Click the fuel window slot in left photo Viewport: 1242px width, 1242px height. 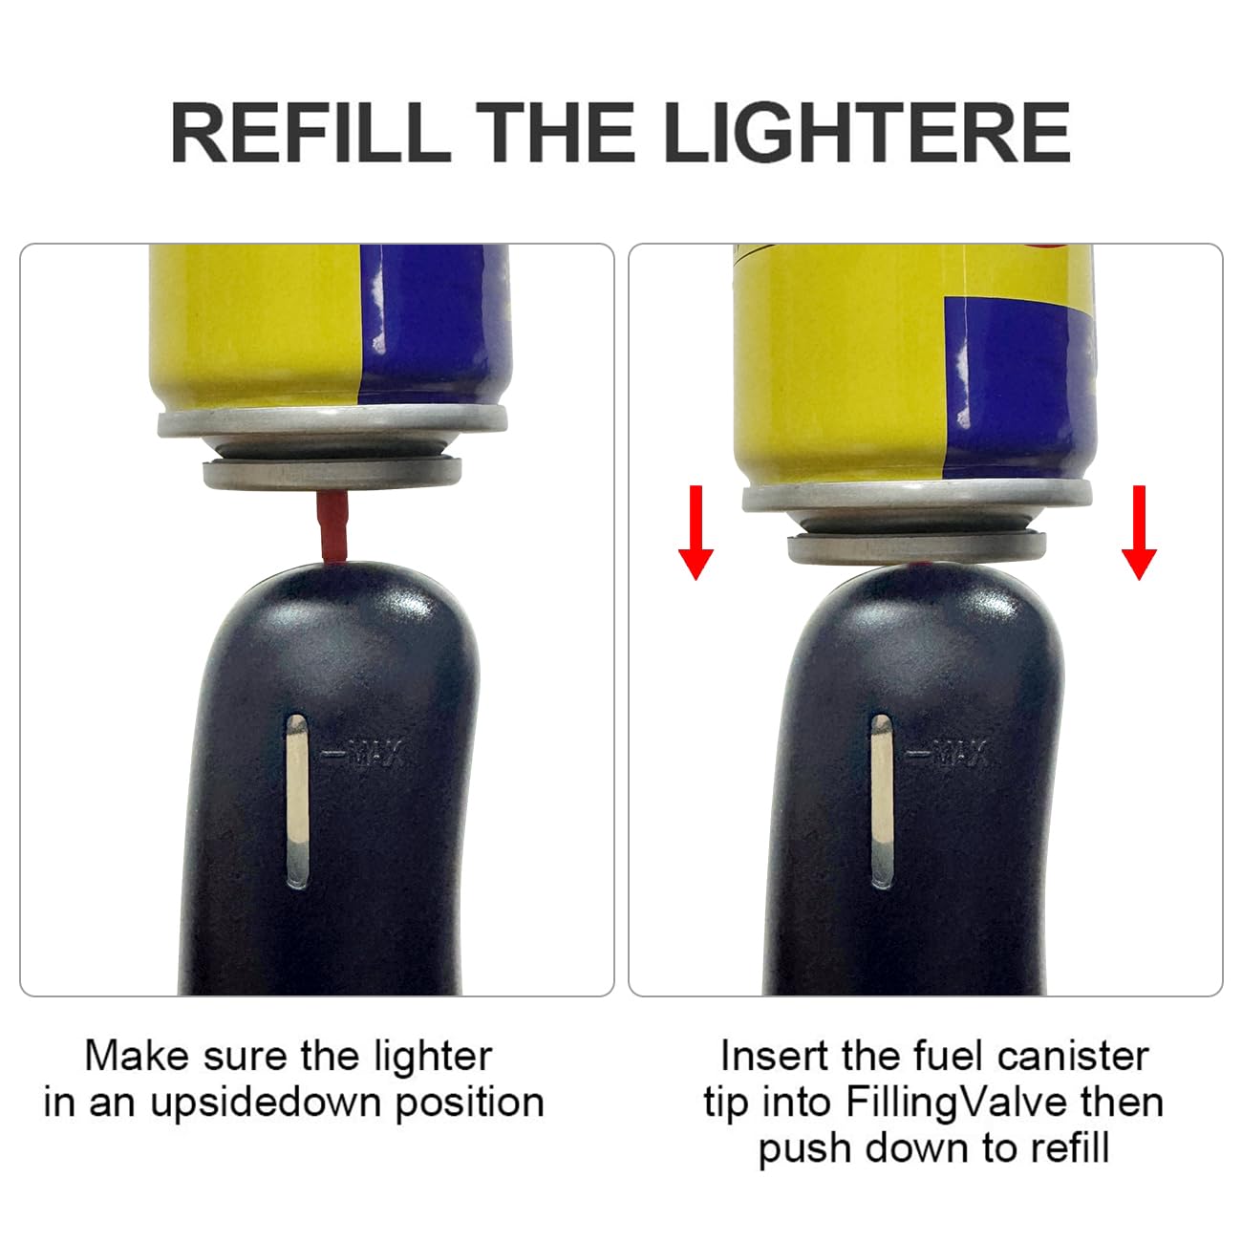coord(297,798)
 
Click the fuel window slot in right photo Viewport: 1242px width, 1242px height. coord(881,800)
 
